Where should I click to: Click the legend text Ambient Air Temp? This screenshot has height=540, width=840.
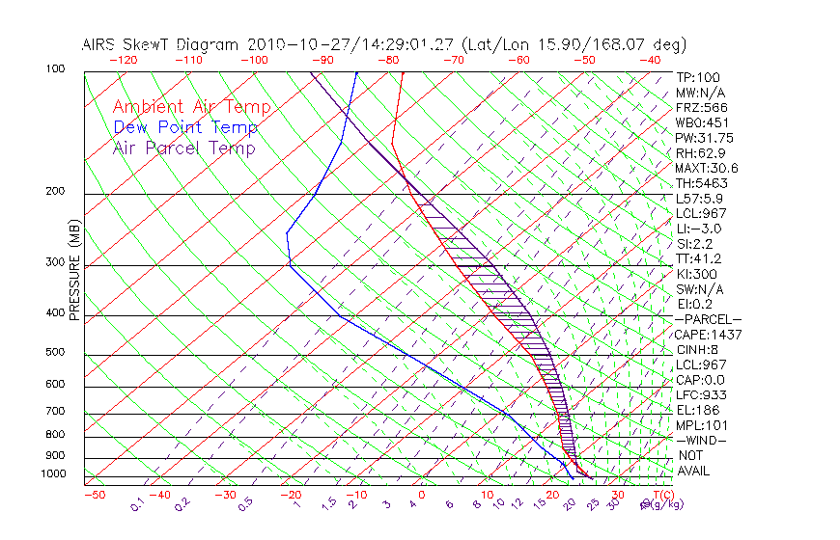pos(192,107)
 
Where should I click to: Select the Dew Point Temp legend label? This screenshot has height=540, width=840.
pos(185,127)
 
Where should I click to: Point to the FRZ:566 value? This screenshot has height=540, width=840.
pos(702,107)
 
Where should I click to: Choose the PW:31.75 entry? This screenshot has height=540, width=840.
pos(704,138)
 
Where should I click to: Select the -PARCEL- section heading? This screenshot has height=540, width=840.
pos(708,319)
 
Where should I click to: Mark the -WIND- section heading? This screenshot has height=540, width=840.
pos(702,440)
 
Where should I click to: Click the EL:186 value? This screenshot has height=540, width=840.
pos(697,410)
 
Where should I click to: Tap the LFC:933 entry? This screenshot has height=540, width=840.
pos(701,395)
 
